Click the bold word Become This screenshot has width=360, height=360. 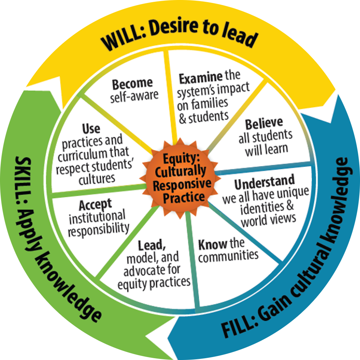(x=132, y=84)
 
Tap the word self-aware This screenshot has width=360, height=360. (x=135, y=95)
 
